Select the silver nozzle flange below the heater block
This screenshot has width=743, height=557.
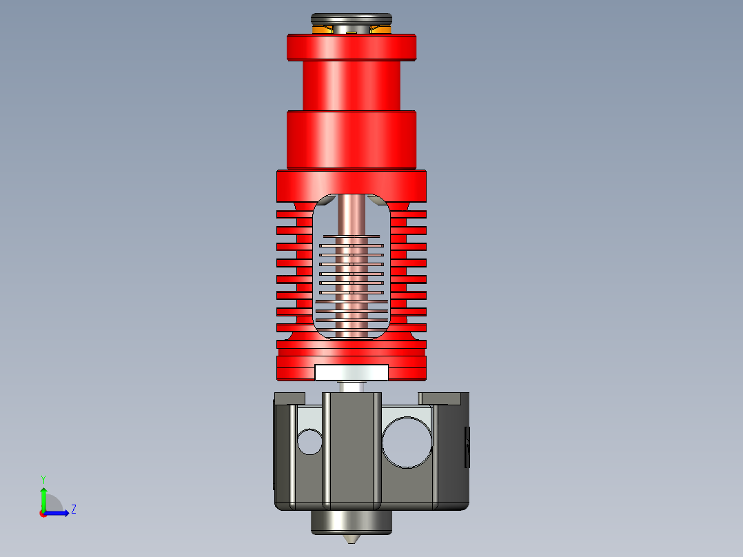(352, 522)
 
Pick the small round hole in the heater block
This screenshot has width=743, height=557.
(310, 441)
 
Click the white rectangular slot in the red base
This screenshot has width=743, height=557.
(352, 372)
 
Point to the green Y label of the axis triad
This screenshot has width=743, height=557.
(43, 478)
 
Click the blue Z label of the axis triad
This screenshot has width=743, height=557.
(73, 509)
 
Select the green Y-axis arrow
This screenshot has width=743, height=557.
(43, 496)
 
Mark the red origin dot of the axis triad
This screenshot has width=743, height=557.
(43, 514)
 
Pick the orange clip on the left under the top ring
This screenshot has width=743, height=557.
(323, 30)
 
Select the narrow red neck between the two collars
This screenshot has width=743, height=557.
(352, 85)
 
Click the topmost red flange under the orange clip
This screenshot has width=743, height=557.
(352, 47)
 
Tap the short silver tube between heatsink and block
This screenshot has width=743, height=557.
(352, 386)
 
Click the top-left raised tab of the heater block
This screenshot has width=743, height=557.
(289, 398)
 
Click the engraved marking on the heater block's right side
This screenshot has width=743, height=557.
(467, 447)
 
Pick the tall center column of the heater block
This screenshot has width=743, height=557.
(352, 448)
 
